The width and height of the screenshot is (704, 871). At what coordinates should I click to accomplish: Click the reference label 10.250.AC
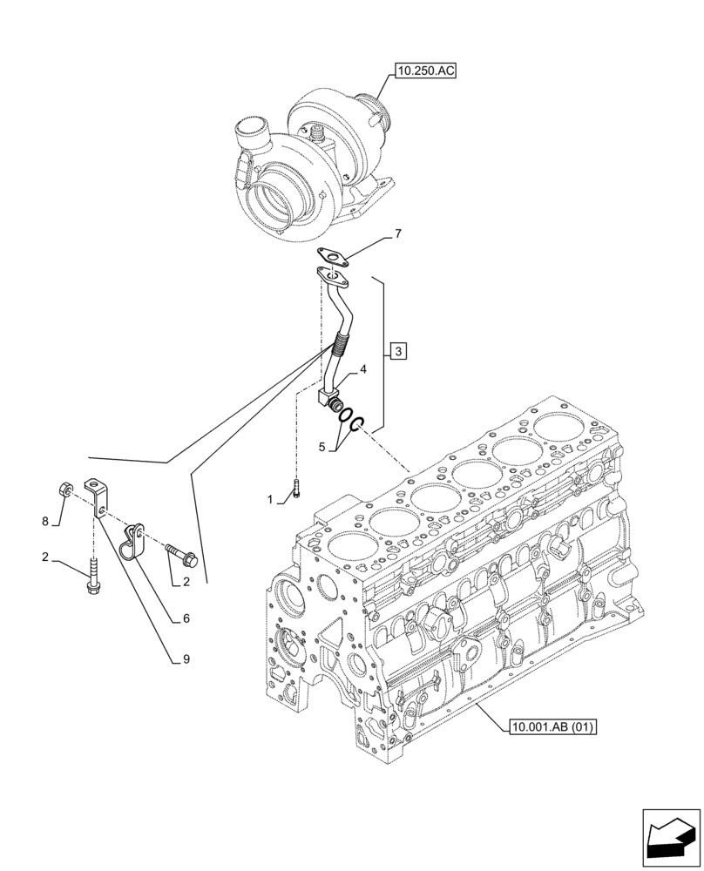pyautogui.click(x=425, y=71)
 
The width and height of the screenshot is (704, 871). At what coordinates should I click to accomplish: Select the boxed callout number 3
pyautogui.click(x=397, y=352)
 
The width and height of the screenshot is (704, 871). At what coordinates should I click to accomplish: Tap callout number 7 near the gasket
pyautogui.click(x=397, y=234)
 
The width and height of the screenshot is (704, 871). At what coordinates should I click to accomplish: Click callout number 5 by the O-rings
pyautogui.click(x=322, y=447)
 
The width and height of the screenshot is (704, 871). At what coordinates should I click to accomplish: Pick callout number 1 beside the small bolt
pyautogui.click(x=271, y=500)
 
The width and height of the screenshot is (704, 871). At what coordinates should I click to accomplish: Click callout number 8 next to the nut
pyautogui.click(x=45, y=522)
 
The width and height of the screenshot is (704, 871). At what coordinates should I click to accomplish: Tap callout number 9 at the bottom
pyautogui.click(x=186, y=659)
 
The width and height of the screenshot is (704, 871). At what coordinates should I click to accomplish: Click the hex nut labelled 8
pyautogui.click(x=65, y=490)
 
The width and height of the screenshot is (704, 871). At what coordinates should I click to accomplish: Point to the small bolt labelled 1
pyautogui.click(x=296, y=489)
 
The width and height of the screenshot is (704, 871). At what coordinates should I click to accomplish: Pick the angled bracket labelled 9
pyautogui.click(x=96, y=495)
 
